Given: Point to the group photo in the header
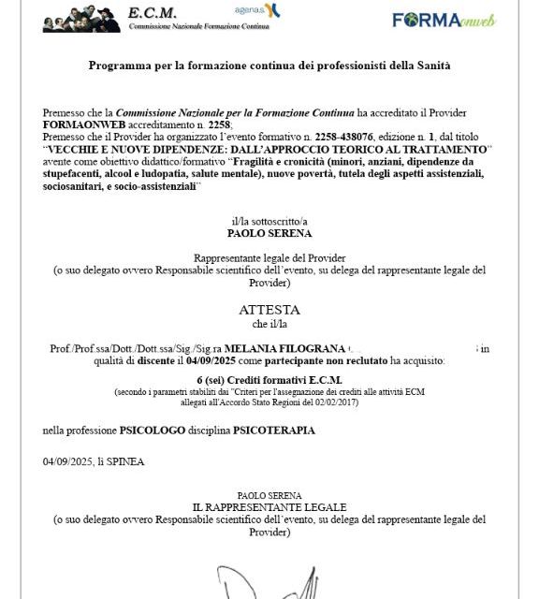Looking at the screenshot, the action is (82, 18).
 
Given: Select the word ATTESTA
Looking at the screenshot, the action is (269, 309).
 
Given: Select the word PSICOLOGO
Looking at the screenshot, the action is (156, 431).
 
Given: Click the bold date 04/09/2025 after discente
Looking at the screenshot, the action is (214, 360).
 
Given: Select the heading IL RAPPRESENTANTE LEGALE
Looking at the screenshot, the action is (269, 507).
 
